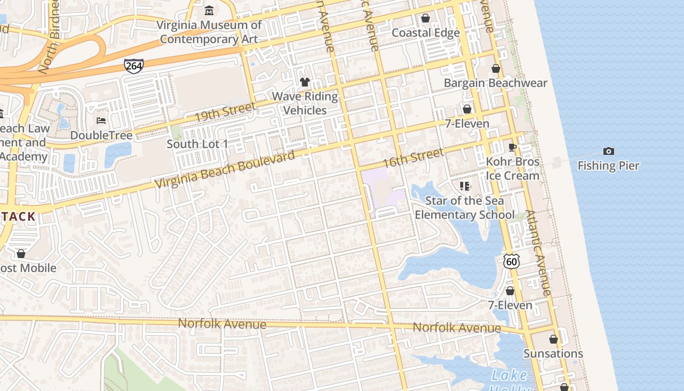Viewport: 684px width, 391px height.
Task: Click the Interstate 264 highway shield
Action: (134, 65)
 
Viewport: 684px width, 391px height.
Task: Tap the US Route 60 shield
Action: (512, 261)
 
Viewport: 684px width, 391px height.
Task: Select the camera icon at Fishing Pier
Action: (608, 151)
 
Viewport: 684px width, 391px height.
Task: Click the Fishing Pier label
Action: (608, 166)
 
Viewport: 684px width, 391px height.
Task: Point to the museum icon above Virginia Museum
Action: (209, 10)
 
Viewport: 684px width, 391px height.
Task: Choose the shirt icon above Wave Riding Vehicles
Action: (305, 82)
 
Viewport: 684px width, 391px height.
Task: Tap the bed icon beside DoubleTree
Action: (101, 120)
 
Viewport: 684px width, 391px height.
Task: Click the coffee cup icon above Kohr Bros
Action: (513, 147)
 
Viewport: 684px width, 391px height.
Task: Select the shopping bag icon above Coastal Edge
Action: (426, 18)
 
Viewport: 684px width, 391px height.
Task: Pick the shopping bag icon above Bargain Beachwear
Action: (496, 68)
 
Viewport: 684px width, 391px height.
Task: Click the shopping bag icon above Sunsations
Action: (554, 339)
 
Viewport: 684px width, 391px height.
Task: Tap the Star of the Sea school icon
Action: (464, 186)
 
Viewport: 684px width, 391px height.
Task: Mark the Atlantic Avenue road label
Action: (539, 253)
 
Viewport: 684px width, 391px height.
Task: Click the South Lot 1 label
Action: (197, 144)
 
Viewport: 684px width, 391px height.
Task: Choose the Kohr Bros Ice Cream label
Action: (513, 169)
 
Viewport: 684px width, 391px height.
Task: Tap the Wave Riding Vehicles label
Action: (305, 103)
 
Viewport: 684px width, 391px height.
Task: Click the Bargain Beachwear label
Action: (495, 83)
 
